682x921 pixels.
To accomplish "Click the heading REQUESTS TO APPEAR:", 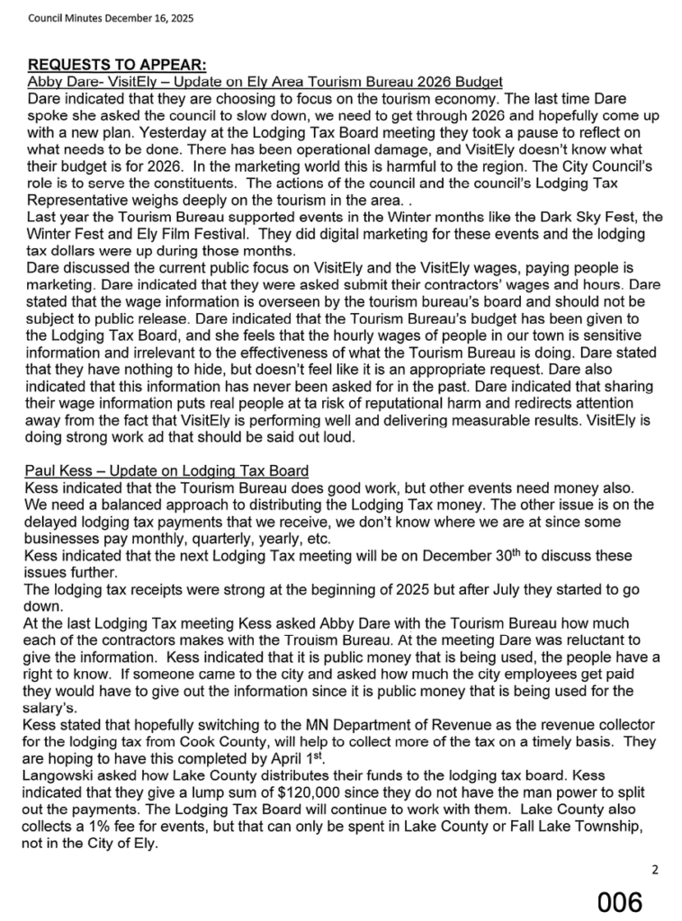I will (x=118, y=66).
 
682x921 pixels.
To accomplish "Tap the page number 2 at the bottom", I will (x=656, y=869).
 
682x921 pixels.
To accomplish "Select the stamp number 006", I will (x=621, y=901).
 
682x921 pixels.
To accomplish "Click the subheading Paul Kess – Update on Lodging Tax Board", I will (x=167, y=470).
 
